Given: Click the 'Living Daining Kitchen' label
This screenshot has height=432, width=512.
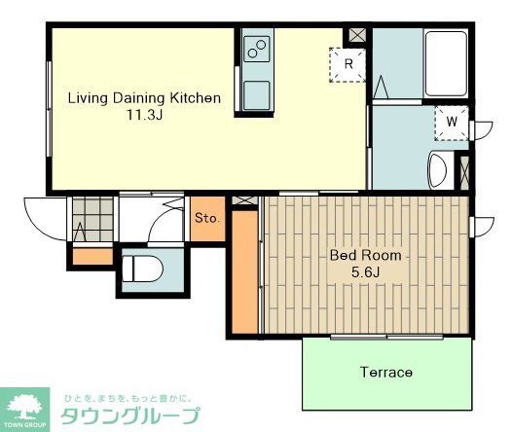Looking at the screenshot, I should coord(143,98).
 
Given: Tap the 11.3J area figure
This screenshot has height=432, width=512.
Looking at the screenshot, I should coord(143,115).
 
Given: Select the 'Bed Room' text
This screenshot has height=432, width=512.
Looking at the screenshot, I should coord(365,256).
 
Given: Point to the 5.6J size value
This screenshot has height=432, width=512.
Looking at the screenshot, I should coord(366,272).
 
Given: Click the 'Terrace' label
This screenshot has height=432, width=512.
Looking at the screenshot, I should coord(385,372).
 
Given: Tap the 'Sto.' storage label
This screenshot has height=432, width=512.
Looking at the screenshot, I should coord(206,218).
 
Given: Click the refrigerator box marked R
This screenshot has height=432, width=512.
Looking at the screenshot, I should coord(347,65).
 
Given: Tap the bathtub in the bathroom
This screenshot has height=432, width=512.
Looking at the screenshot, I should coord(447,63).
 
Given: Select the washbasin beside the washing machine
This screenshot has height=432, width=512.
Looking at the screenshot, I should coord(437,171).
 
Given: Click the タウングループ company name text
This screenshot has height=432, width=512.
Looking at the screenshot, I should coord(130,416).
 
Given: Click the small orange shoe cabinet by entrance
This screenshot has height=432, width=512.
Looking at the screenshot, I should coord(93,256).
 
